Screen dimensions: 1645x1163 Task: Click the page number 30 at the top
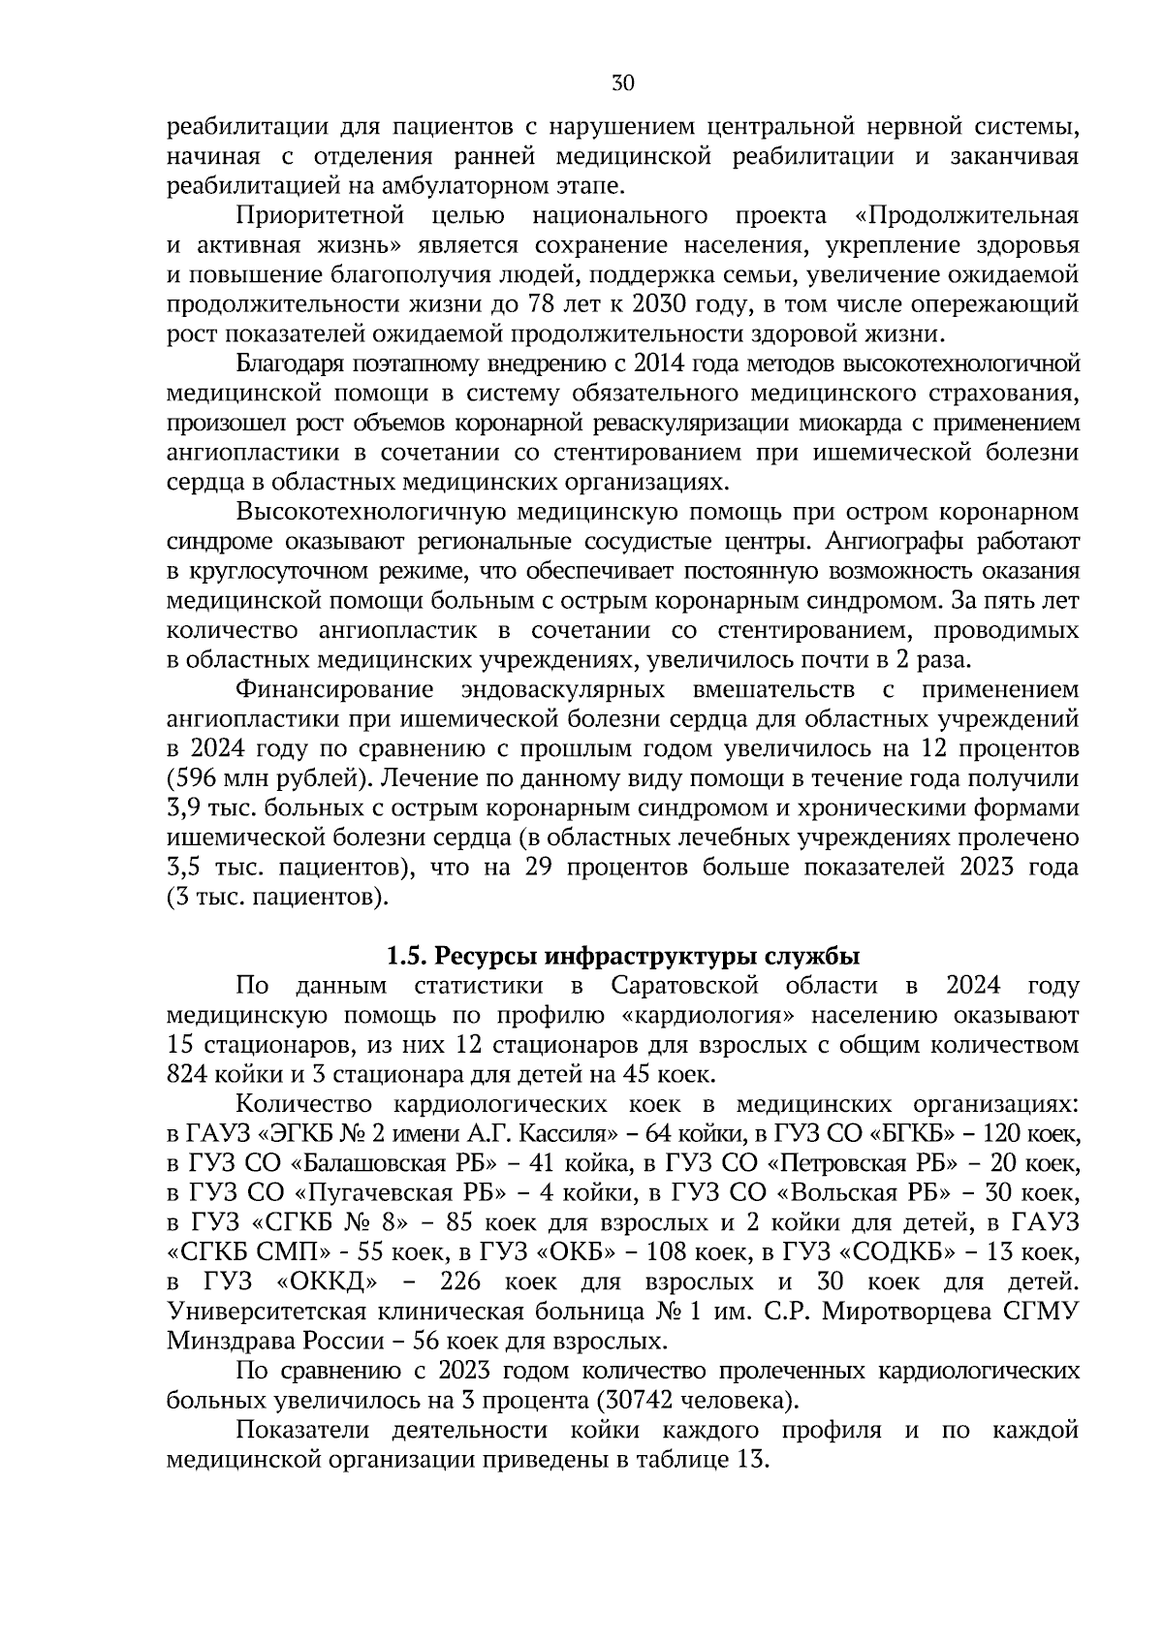pos(623,83)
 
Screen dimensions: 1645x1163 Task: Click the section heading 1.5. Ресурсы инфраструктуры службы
pos(623,957)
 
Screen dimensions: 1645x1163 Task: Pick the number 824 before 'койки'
pos(190,1075)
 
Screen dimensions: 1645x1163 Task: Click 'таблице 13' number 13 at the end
pos(750,1460)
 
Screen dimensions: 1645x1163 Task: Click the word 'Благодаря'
pos(285,364)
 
